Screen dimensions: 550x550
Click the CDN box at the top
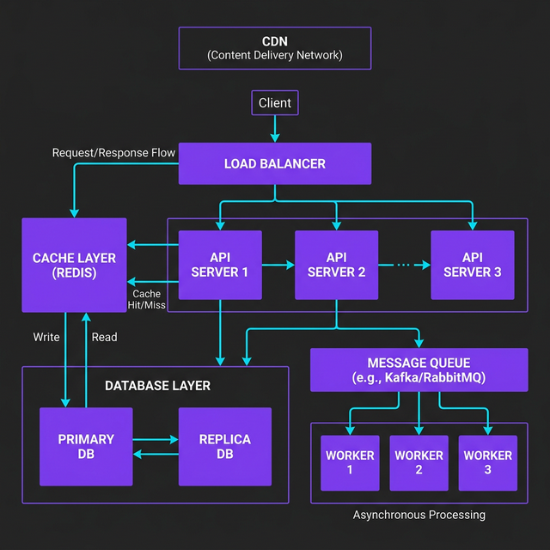(x=275, y=48)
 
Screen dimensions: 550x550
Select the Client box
(x=275, y=103)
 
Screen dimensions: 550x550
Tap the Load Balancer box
(x=275, y=163)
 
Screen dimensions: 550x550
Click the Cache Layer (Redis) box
(x=74, y=265)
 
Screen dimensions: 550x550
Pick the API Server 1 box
(x=220, y=265)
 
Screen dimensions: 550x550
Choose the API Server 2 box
(x=336, y=265)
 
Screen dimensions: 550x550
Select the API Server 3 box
(x=472, y=265)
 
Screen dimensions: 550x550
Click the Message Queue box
(x=419, y=370)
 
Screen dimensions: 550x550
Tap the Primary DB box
(x=86, y=446)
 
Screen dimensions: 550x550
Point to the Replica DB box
(x=224, y=446)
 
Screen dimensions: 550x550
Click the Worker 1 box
(x=350, y=462)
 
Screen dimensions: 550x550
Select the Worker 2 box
(x=419, y=462)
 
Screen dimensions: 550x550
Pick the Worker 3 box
(x=487, y=462)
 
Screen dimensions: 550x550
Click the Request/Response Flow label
(x=113, y=153)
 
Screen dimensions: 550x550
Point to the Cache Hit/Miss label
(x=147, y=299)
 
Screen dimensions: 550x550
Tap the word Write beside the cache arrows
(x=46, y=337)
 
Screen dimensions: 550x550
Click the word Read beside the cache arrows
(x=104, y=337)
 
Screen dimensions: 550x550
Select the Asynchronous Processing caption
(x=419, y=515)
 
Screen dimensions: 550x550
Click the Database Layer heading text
(x=157, y=386)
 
